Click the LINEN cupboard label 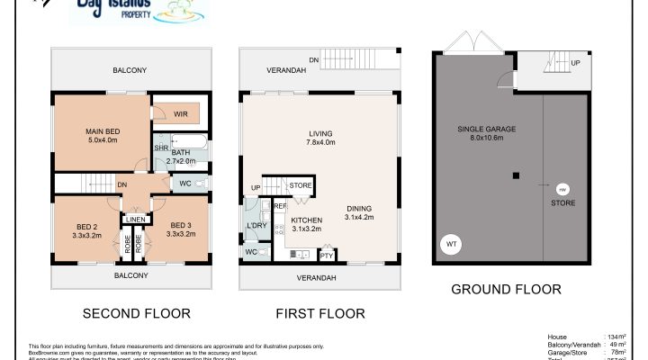(135, 219)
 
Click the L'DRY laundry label (255, 225)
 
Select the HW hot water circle (562, 189)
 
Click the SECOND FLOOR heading (136, 314)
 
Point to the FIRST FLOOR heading (321, 314)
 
